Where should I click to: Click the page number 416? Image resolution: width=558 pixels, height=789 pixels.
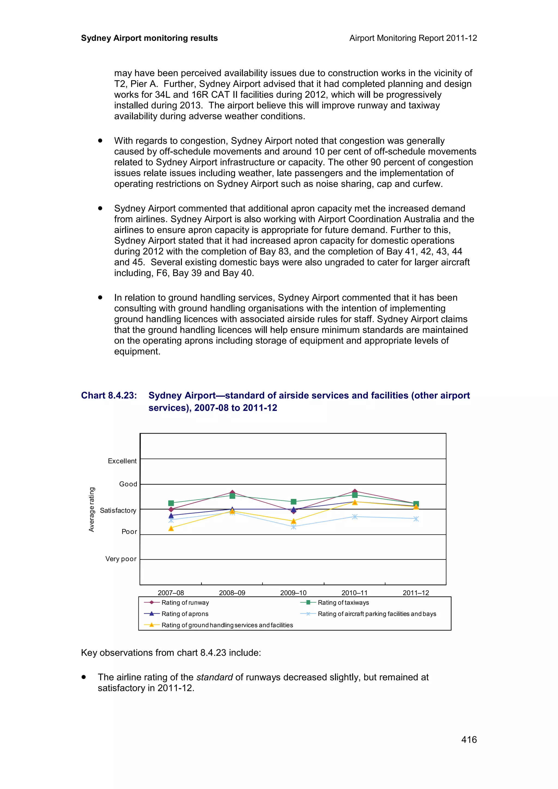point(469,739)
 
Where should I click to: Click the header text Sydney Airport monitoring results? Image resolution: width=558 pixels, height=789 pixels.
point(149,38)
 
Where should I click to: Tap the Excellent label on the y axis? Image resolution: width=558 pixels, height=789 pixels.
point(122,461)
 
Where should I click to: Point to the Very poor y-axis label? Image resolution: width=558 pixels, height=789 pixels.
point(121,559)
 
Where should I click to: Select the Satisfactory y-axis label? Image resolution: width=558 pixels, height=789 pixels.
point(118,510)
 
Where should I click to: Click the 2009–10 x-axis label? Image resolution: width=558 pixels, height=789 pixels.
point(293,592)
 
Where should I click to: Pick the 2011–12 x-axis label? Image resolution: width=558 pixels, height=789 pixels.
point(416,592)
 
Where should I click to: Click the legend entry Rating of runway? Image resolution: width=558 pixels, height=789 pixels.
point(185,603)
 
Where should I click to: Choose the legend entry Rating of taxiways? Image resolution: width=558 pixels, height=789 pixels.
point(343,603)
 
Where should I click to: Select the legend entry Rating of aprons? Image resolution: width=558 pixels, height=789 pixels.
point(185,614)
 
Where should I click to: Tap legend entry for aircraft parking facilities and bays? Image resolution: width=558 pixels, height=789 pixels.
point(377,614)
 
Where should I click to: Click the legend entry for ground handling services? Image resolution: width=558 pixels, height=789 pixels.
point(227,625)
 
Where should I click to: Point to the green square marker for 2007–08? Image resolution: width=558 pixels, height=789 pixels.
point(171,503)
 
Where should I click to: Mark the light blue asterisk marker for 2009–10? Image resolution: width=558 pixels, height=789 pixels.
point(293,527)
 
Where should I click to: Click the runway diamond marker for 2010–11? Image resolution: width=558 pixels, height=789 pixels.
point(355,491)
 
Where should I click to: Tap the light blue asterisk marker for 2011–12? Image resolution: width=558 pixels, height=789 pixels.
point(416,519)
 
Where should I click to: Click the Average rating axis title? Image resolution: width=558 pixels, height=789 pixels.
point(92,509)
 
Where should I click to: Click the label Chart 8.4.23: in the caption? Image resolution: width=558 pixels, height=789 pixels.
point(109,396)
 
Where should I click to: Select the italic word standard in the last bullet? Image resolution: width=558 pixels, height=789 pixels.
point(214,677)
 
